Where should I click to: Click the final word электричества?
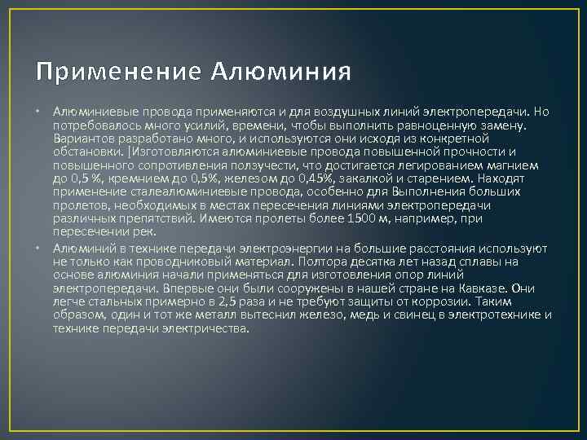(x=207, y=328)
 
